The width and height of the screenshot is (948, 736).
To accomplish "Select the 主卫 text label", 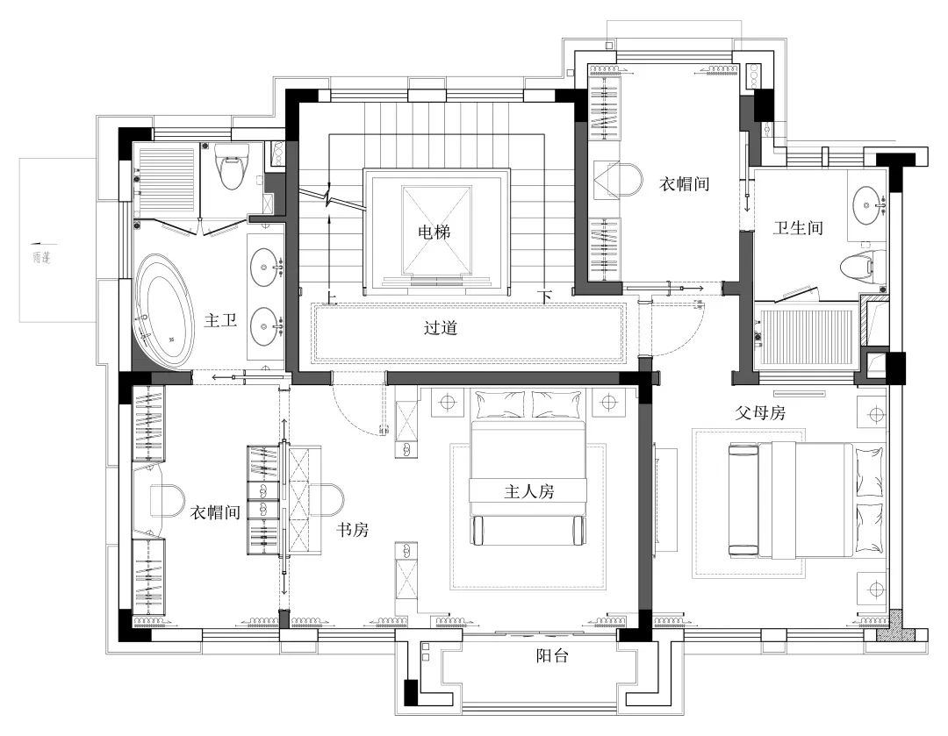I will [220, 321].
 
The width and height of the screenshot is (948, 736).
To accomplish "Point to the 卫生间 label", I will [797, 228].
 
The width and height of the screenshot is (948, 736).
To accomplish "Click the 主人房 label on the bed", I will [528, 491].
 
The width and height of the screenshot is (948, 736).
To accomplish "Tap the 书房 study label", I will [353, 530].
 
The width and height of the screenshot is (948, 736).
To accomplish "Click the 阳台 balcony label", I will [552, 655].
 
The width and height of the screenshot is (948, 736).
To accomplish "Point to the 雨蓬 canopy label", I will [39, 258].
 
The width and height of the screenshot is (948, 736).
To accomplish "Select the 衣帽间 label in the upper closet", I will [685, 184].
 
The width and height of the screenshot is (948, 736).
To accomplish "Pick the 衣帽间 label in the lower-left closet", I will [216, 513].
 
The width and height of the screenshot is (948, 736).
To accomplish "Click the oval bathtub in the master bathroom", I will [163, 311].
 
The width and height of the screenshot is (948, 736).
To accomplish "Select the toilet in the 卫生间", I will [856, 265].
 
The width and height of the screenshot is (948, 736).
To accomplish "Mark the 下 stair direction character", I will [547, 296].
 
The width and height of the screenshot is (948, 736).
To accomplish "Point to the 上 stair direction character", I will [331, 296].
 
